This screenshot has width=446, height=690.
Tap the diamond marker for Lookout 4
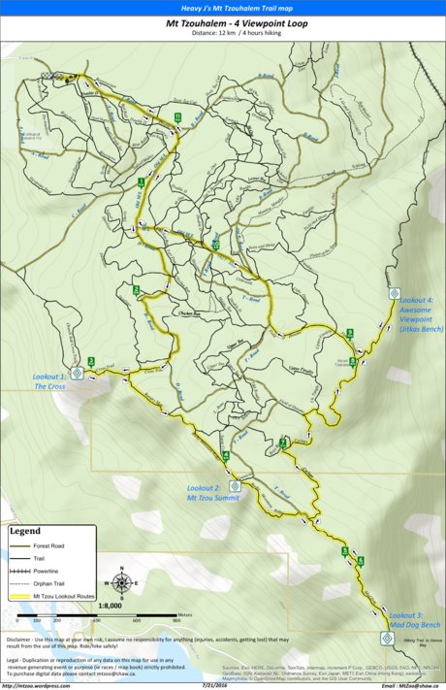(x=395, y=293)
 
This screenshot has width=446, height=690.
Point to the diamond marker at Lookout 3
(x=386, y=638)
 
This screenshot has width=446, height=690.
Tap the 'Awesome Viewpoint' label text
(x=421, y=314)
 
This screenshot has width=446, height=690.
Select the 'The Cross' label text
(x=49, y=385)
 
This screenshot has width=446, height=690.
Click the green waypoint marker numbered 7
(x=283, y=443)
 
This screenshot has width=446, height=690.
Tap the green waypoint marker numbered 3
(x=90, y=361)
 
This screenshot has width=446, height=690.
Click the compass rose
(x=121, y=583)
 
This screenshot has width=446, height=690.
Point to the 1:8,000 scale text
(x=110, y=605)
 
